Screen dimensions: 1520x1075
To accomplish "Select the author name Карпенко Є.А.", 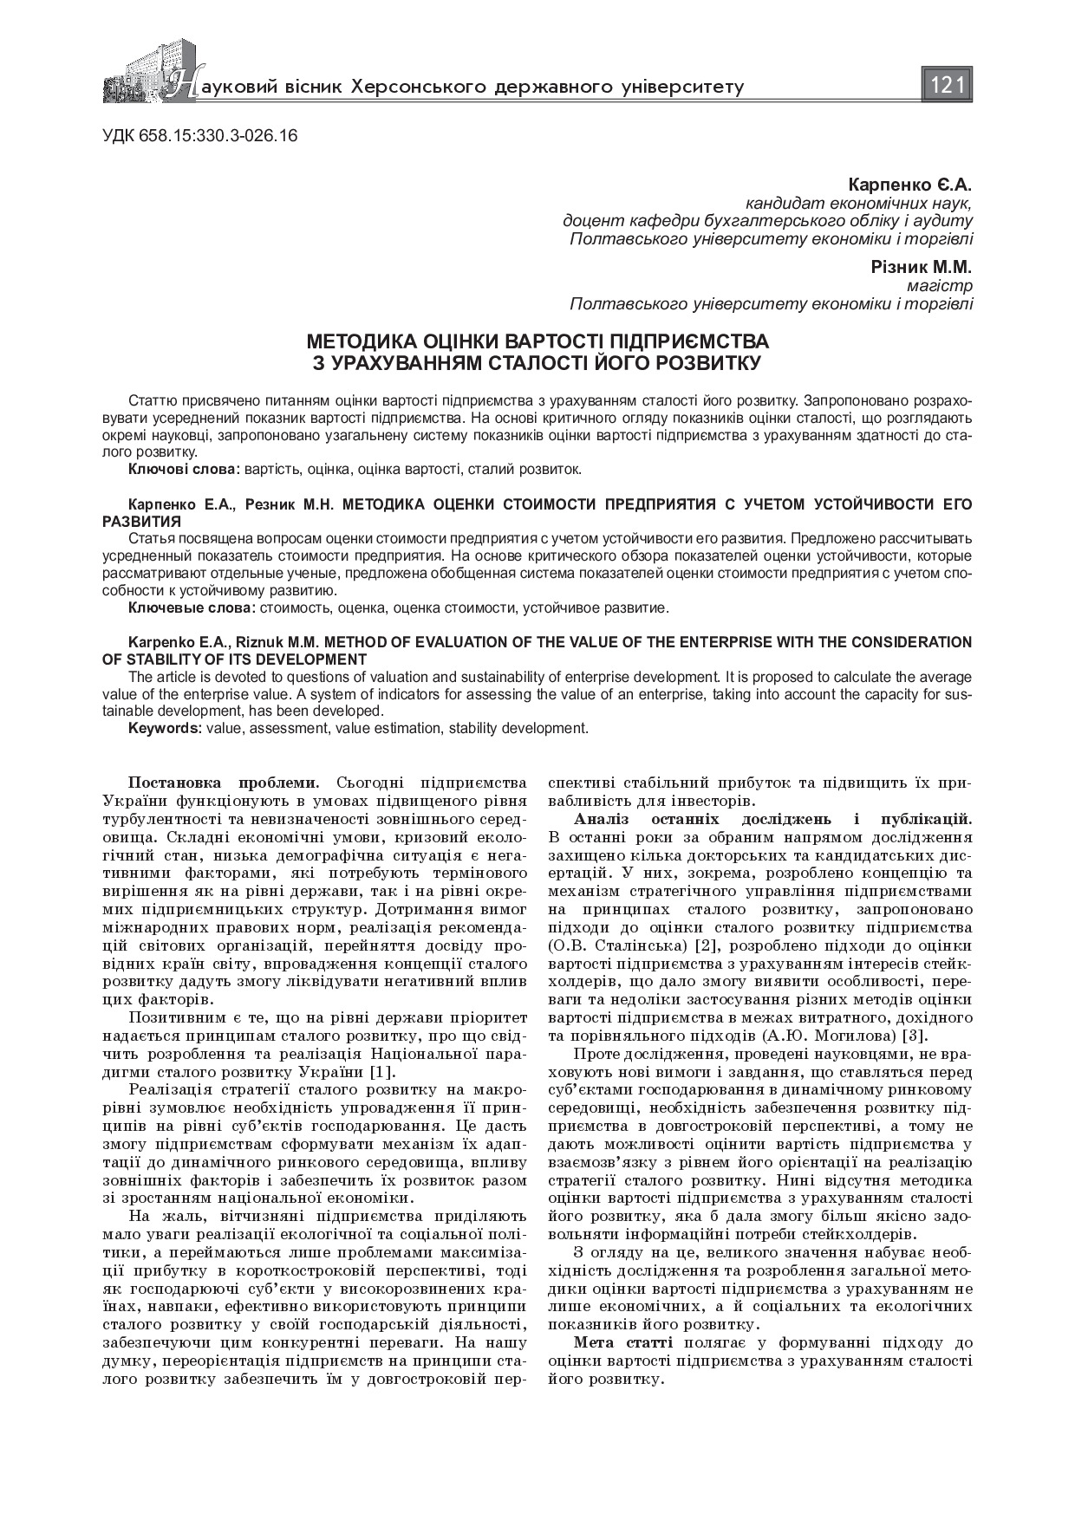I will (910, 185).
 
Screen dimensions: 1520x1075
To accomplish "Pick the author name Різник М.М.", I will (922, 267).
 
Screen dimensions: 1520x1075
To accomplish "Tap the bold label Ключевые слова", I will (192, 607).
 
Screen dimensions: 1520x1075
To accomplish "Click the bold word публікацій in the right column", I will (926, 818).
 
